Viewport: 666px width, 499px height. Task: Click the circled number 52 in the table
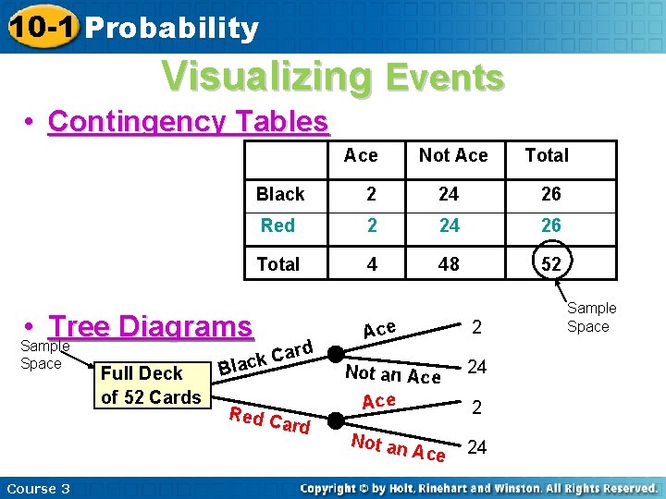tap(550, 264)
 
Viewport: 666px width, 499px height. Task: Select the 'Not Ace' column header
tap(452, 156)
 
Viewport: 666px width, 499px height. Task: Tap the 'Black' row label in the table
tap(280, 194)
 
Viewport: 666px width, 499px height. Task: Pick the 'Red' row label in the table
tap(277, 225)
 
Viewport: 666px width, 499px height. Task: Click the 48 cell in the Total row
tap(449, 264)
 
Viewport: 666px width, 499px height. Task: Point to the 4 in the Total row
tap(372, 264)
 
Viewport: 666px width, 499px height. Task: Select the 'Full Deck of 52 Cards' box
tap(151, 385)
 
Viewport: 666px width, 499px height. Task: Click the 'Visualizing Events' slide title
tap(333, 77)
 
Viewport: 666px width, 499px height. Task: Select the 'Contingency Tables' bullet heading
tap(188, 121)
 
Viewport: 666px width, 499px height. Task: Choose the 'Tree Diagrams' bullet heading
tap(151, 326)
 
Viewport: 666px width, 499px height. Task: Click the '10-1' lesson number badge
tap(39, 27)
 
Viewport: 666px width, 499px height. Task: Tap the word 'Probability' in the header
tap(171, 29)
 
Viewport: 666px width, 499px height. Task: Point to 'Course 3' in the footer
tap(38, 488)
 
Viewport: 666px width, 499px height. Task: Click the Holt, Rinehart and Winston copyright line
tap(478, 488)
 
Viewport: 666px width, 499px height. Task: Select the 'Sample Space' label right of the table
tap(591, 317)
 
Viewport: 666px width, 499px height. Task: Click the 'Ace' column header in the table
tap(361, 156)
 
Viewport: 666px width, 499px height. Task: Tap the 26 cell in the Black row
tap(550, 194)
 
